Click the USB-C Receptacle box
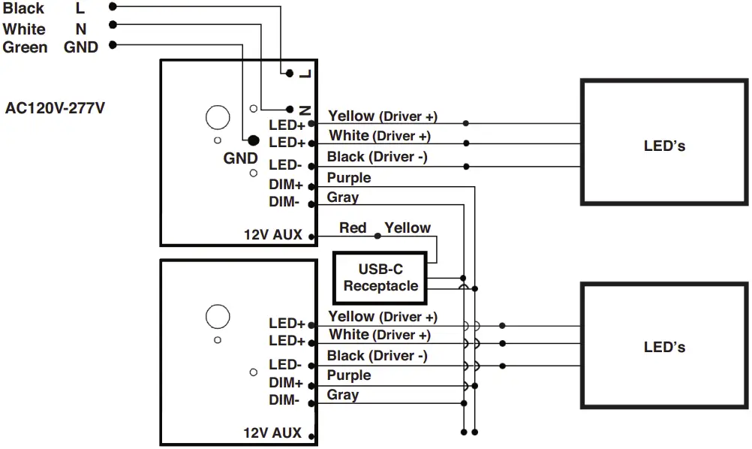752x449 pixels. tap(380, 278)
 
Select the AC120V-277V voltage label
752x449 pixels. tap(55, 107)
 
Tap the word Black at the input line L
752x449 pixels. tap(23, 9)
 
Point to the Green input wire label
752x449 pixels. tap(25, 47)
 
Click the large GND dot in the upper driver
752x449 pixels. tap(253, 140)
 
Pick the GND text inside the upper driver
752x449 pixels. tap(240, 158)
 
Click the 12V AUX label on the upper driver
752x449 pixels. tap(272, 234)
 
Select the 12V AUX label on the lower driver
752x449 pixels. tap(272, 432)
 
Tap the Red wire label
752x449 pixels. tap(353, 228)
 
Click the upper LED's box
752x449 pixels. tap(664, 143)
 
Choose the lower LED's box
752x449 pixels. tap(664, 345)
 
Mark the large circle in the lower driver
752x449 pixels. tap(218, 316)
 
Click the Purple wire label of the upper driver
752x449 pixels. tap(349, 178)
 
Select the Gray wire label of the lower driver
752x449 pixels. tap(343, 395)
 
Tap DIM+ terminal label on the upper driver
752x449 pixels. tap(286, 185)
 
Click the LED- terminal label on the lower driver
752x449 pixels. tap(285, 365)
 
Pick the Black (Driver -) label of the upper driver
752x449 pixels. tap(377, 157)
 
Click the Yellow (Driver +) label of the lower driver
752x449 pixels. tap(383, 317)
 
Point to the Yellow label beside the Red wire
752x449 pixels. tap(408, 228)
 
